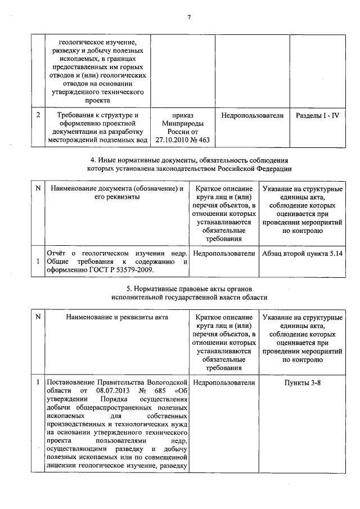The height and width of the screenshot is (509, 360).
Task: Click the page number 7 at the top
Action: pyautogui.click(x=190, y=17)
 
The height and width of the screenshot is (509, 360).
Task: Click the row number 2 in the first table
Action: pyautogui.click(x=37, y=115)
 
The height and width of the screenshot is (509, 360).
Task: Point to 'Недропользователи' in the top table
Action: pyautogui.click(x=253, y=115)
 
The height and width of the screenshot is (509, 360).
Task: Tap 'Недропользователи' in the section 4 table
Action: pyautogui.click(x=224, y=254)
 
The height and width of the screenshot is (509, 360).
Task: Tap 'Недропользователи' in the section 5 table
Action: pyautogui.click(x=224, y=382)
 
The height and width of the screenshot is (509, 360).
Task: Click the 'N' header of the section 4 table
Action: pyautogui.click(x=38, y=189)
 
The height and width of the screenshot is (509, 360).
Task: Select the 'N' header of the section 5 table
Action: pyautogui.click(x=38, y=317)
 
